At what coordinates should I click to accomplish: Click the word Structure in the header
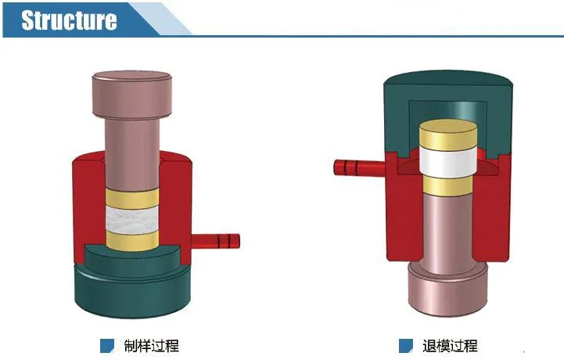point(69,20)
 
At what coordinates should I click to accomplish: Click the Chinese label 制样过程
point(152,346)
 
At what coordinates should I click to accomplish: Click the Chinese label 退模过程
point(451,346)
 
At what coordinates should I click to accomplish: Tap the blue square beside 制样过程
point(107,346)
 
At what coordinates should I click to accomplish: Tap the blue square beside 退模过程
point(406,346)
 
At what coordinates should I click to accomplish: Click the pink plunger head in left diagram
point(132,95)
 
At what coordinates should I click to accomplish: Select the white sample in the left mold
point(132,220)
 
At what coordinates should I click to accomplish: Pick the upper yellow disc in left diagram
point(132,199)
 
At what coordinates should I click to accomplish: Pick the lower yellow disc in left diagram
point(132,240)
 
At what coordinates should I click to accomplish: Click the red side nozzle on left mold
point(215,241)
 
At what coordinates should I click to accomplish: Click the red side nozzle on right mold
point(359,167)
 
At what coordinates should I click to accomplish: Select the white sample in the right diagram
point(447,162)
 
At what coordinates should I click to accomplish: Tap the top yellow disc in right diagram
point(448,135)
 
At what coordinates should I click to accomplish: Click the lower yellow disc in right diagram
point(447,185)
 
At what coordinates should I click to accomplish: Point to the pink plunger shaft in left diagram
point(132,154)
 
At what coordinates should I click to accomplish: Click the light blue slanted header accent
point(161,19)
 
